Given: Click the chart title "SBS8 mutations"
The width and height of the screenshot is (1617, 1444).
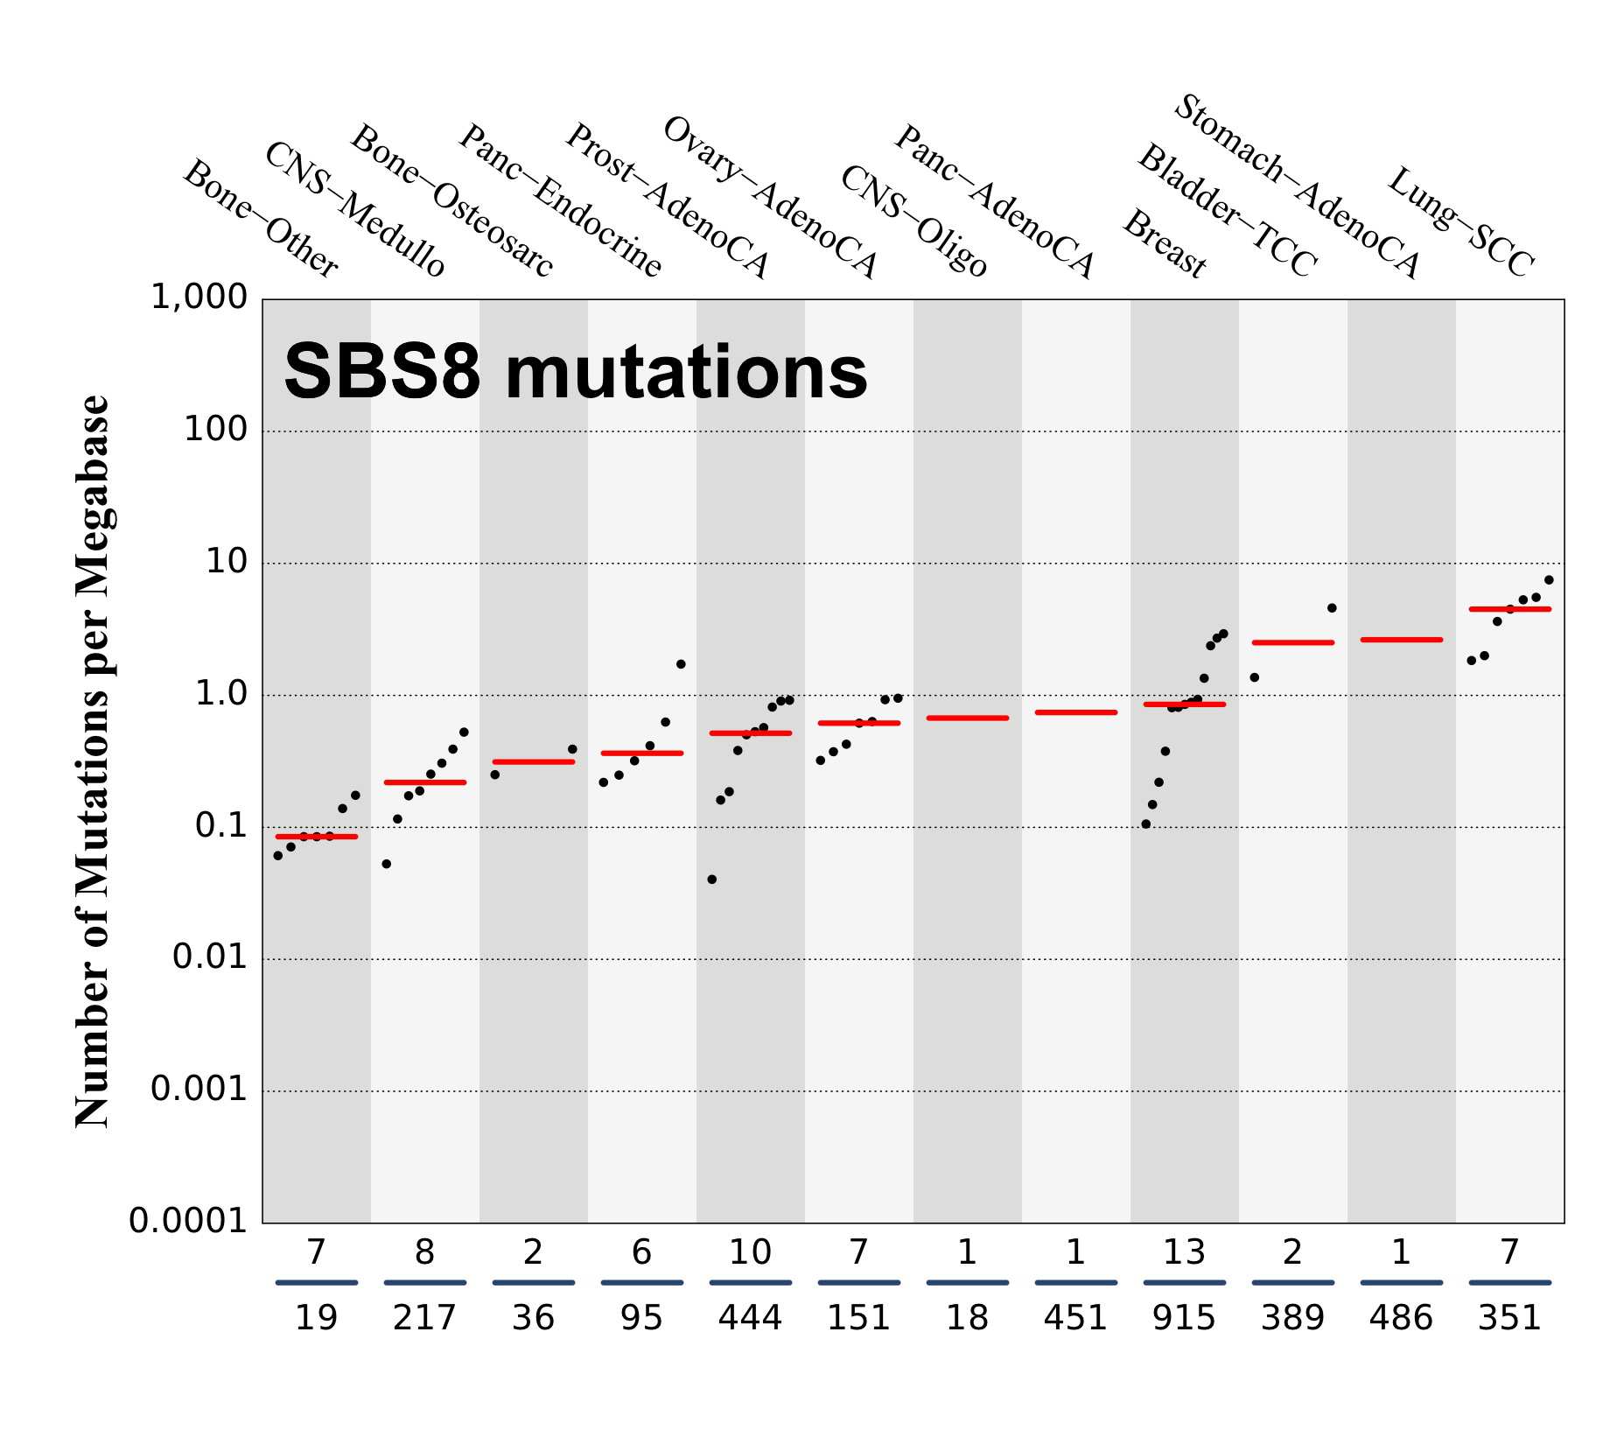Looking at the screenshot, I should tap(575, 372).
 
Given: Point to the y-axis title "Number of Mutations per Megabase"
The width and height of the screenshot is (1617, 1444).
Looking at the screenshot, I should tap(92, 761).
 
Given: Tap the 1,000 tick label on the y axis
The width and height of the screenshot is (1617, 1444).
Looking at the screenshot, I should tap(199, 298).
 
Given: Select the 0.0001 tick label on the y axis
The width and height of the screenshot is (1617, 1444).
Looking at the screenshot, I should tap(188, 1221).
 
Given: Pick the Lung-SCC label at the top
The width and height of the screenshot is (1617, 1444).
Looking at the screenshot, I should tap(1461, 223).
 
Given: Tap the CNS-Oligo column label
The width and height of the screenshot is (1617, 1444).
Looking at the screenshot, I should tap(913, 221).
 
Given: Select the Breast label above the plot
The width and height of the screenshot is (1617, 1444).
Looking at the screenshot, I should tap(1165, 243).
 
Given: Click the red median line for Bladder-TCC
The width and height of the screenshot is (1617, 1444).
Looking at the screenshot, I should tap(1292, 642).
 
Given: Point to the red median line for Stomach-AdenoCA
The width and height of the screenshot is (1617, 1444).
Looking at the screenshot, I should tap(1401, 640).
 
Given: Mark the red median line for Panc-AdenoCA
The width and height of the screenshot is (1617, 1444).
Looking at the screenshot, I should tap(1075, 712).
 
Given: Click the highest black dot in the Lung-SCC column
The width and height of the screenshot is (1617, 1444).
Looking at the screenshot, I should tap(1549, 579).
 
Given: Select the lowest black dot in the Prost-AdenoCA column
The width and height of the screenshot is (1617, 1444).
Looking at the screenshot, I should tap(711, 880).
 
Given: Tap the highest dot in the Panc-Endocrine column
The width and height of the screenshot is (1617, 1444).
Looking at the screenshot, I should tap(681, 664).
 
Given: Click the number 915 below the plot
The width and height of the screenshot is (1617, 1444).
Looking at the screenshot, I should tap(1184, 1318).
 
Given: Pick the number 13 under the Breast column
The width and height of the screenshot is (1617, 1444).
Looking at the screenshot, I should tap(1184, 1253).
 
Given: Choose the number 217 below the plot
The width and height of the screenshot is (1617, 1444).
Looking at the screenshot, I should tap(424, 1318).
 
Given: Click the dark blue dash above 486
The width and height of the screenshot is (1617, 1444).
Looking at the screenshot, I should tap(1401, 1283).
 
